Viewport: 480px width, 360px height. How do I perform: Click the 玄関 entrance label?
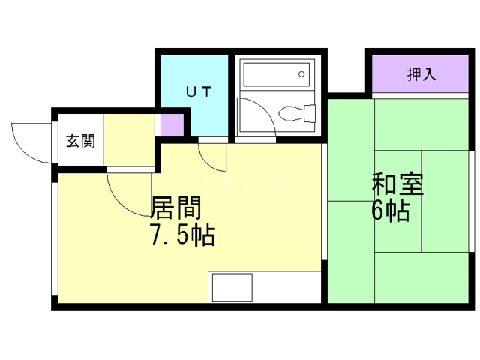click(81, 141)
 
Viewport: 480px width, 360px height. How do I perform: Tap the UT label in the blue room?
click(199, 91)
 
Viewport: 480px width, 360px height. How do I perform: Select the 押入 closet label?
click(421, 74)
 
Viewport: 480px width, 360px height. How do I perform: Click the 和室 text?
click(397, 184)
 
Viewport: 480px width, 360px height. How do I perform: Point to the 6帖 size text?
click(391, 211)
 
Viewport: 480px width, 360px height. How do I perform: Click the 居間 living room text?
click(176, 208)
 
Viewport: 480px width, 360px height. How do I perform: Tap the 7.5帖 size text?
click(183, 235)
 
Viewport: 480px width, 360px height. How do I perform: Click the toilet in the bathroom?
click(297, 113)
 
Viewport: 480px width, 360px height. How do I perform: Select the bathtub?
click(277, 75)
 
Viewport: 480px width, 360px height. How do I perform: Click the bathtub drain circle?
click(301, 74)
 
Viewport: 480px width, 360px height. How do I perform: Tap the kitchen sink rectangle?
click(232, 287)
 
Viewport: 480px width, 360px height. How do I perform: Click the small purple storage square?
click(172, 125)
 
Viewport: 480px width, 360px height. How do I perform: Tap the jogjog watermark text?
click(239, 181)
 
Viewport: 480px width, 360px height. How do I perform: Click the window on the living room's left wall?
click(55, 238)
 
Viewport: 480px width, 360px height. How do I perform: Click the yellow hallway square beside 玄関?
click(129, 140)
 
